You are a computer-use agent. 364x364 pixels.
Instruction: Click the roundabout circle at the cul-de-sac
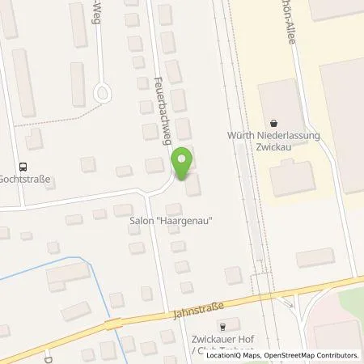(103, 93)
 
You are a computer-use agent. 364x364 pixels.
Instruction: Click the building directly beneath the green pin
(193, 186)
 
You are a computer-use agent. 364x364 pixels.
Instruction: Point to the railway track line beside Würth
(242, 162)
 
